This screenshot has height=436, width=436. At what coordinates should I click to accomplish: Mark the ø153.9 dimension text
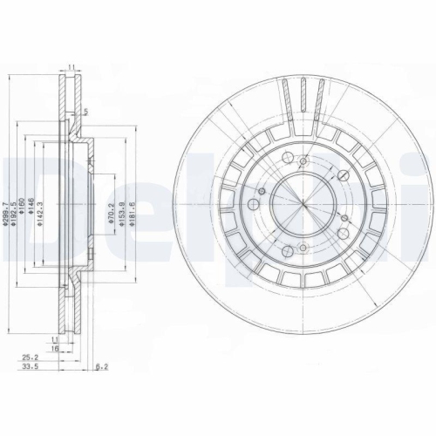[x=120, y=209]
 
